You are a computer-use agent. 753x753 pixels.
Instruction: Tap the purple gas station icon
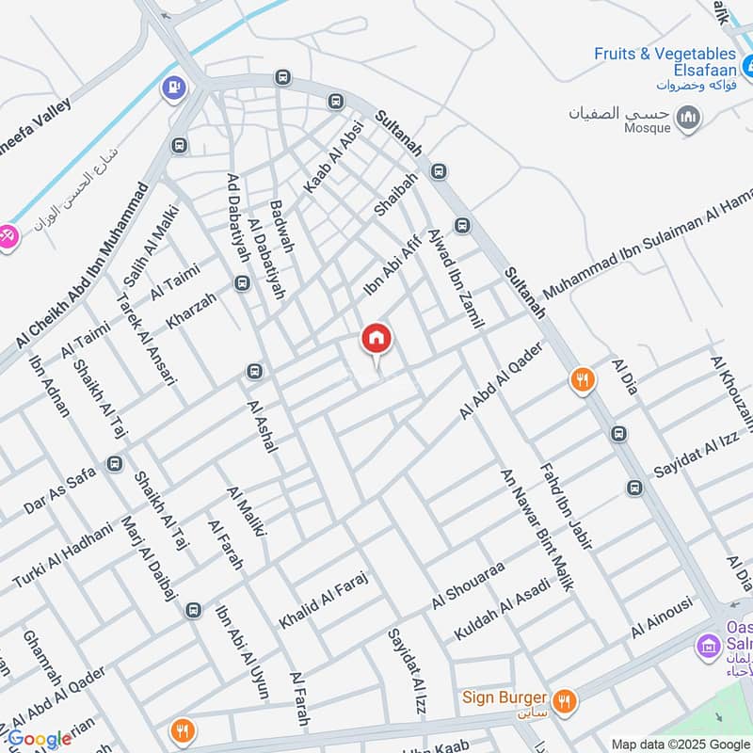pos(173,88)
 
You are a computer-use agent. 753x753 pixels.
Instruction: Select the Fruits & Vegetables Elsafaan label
pos(665,62)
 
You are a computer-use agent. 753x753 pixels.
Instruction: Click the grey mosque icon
pos(690,118)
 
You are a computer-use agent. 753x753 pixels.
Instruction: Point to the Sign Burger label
pos(505,697)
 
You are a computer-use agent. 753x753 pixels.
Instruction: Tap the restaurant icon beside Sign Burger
pos(565,699)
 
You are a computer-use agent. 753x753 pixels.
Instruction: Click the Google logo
pos(40,739)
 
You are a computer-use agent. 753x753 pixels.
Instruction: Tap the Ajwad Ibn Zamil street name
pos(454,278)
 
